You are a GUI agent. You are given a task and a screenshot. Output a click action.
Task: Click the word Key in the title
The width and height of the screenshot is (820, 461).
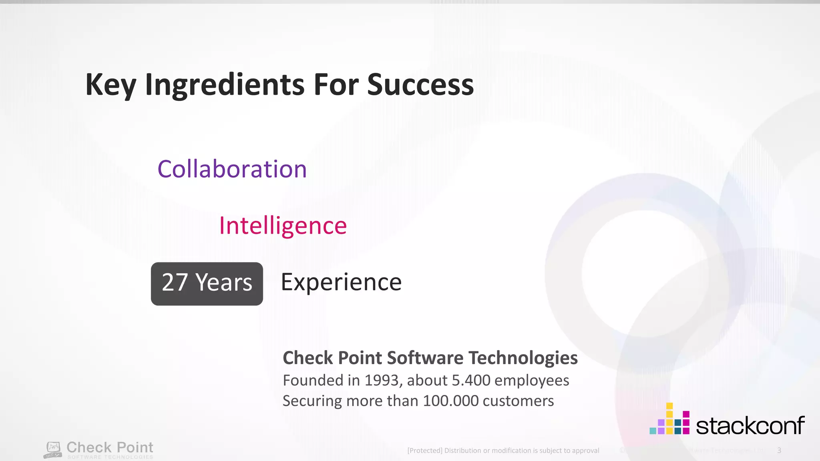[x=111, y=85]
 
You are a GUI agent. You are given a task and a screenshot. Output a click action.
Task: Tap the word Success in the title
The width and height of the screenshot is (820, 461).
[x=420, y=85]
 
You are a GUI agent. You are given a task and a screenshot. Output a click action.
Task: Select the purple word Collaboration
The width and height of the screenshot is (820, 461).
[x=232, y=169]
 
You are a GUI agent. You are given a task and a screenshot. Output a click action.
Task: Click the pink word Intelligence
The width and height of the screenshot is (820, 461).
[x=283, y=226]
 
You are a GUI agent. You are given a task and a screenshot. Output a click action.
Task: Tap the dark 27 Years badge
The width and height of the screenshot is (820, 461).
[x=207, y=283]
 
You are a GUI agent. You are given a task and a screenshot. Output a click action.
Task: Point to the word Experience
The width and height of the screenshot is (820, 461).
[x=341, y=282]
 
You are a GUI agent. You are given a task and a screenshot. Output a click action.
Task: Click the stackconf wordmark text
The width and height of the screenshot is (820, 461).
[x=750, y=425]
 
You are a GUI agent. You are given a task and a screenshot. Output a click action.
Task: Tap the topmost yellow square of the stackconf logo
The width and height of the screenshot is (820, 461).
[x=669, y=406]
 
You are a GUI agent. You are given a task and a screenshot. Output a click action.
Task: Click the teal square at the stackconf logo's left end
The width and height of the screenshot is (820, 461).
[x=653, y=431]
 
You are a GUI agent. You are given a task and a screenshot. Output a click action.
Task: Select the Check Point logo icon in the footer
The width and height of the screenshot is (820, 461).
[x=53, y=450]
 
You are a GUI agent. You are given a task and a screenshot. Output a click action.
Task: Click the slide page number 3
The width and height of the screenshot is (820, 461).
[x=779, y=450]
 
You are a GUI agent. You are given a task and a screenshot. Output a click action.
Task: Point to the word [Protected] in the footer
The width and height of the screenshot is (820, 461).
[x=424, y=451]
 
